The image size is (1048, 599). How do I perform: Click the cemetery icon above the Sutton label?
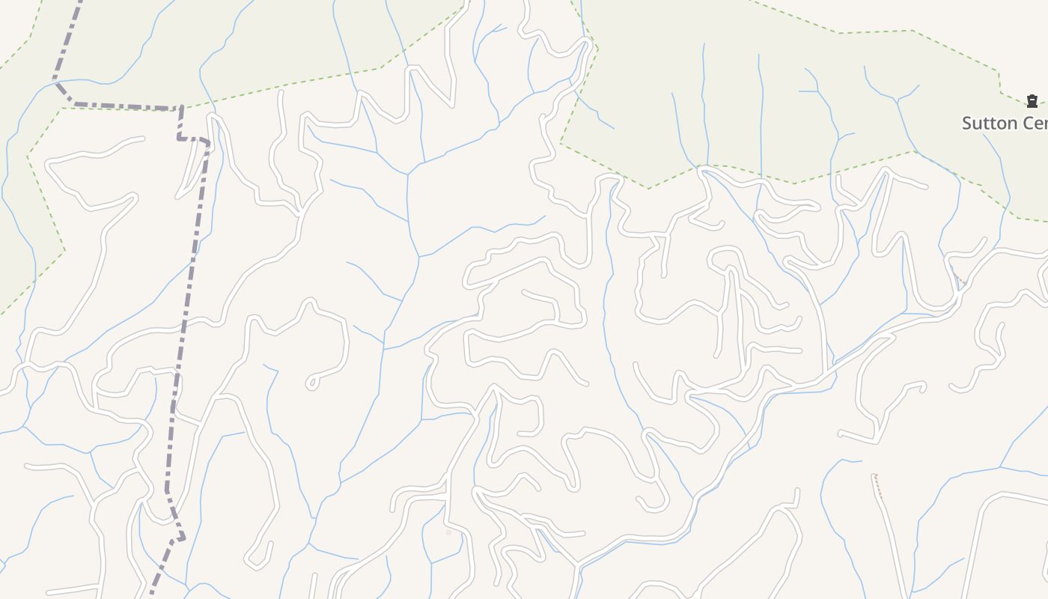pos(1032,101)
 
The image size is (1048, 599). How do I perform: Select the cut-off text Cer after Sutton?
pos(1034,124)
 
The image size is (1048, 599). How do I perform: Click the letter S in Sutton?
pos(967,124)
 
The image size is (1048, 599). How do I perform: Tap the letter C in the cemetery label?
pos(1025,124)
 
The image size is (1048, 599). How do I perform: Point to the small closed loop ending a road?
pos(311,383)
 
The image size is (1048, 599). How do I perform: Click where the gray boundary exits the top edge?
pos(79,2)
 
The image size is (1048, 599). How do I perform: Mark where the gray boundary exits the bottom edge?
pos(150,596)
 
